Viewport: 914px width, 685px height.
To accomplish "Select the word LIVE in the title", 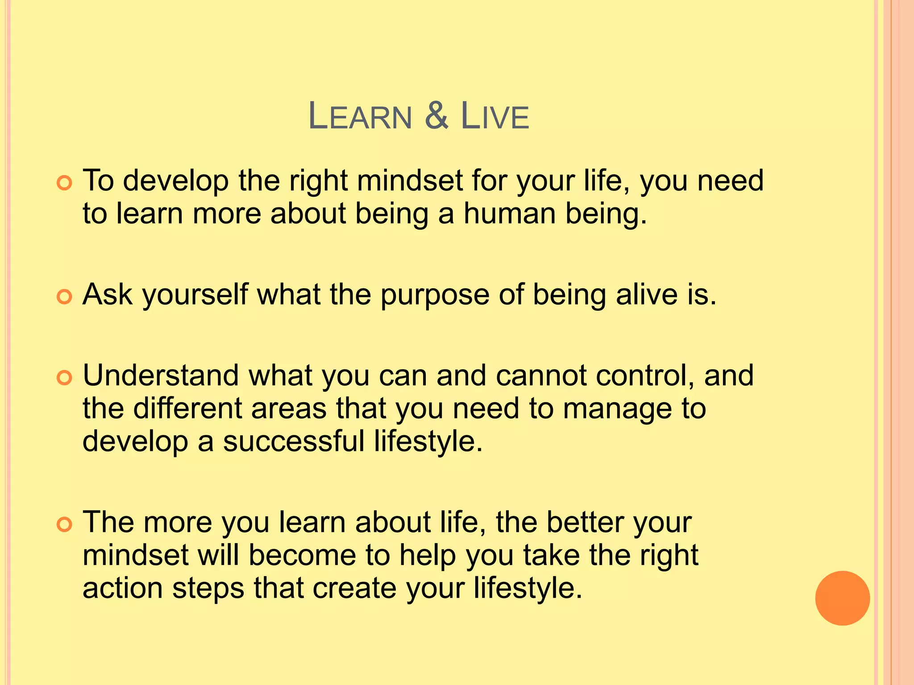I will (x=494, y=117).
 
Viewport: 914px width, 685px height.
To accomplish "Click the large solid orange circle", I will (x=842, y=598).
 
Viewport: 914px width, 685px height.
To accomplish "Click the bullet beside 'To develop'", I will (x=65, y=183).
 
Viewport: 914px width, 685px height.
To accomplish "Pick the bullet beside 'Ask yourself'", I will (x=65, y=297).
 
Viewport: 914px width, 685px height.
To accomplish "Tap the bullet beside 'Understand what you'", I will (x=65, y=378).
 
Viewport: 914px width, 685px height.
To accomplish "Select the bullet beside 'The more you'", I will (x=65, y=525).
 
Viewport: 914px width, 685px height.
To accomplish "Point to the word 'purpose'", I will (x=435, y=296).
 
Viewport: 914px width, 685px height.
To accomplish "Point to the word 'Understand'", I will (x=161, y=376).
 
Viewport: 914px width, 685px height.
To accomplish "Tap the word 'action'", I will (x=123, y=588).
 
